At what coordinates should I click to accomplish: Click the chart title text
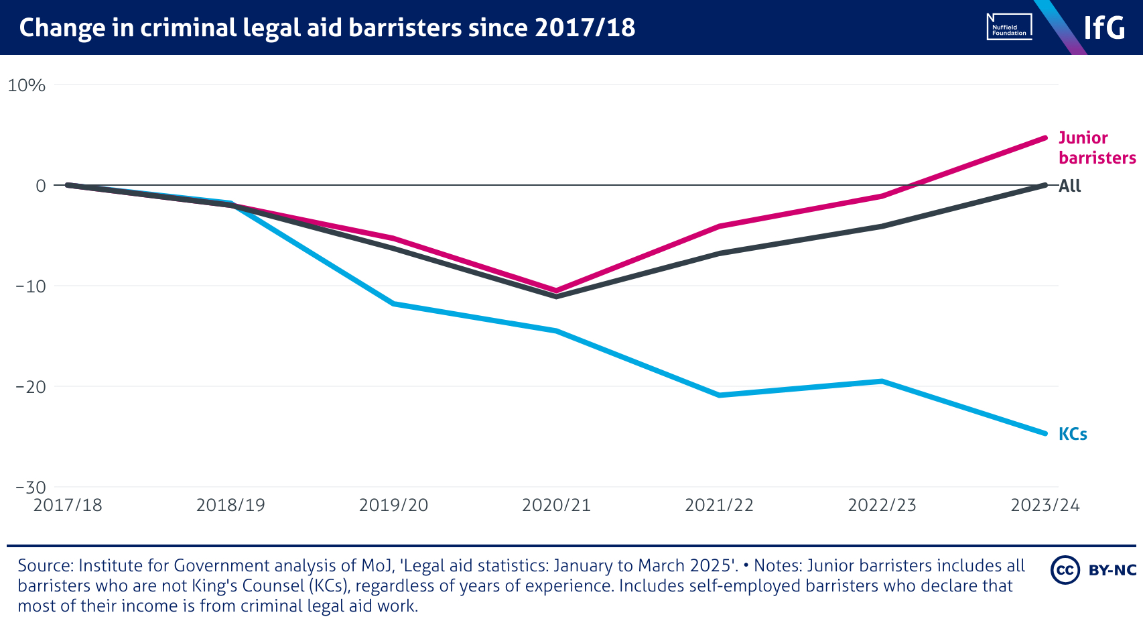[327, 27]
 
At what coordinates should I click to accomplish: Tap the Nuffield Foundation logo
[1009, 27]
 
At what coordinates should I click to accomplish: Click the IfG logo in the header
[1104, 27]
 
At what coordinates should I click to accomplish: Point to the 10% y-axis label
[27, 85]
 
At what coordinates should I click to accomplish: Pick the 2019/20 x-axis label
[393, 505]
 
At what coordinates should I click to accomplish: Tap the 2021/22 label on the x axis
[719, 505]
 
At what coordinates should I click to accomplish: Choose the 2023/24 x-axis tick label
[1045, 505]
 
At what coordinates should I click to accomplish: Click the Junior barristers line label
[1096, 148]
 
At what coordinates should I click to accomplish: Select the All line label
[1070, 186]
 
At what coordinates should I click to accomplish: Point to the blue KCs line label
[1073, 434]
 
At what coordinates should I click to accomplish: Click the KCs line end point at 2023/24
[1045, 433]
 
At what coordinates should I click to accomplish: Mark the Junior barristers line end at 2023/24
[1045, 138]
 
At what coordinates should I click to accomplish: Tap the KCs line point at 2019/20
[393, 304]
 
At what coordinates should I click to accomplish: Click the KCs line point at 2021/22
[720, 395]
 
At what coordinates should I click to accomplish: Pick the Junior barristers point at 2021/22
[720, 226]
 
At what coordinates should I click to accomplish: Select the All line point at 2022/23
[882, 226]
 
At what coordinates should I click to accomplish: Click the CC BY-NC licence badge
[1093, 570]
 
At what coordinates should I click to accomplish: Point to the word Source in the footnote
[46, 566]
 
